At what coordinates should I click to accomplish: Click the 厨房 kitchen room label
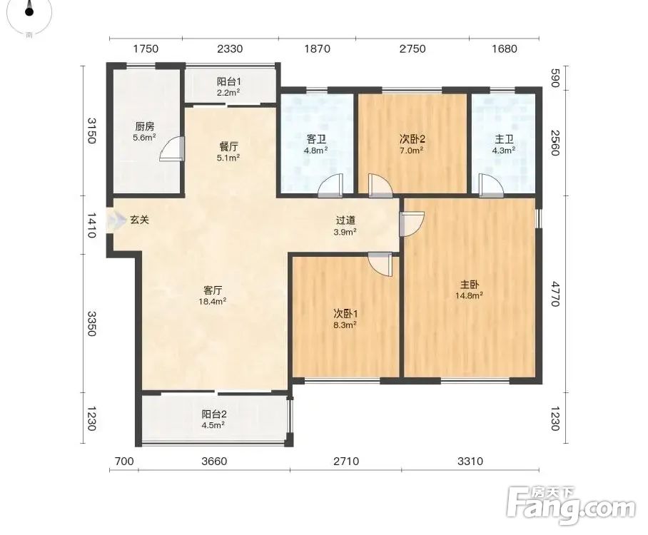(144, 126)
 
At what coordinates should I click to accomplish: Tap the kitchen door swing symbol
(172, 148)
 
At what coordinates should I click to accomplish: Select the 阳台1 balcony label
(229, 81)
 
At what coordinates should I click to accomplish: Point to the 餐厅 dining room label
(228, 147)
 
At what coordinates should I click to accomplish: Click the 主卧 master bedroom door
(412, 224)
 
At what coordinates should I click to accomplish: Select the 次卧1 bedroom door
(380, 265)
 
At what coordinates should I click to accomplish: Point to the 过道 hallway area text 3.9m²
(345, 232)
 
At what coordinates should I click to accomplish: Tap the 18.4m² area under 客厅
(213, 302)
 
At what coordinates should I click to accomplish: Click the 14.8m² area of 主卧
(470, 296)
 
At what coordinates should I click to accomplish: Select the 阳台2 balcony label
(213, 414)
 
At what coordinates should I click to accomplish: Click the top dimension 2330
(230, 49)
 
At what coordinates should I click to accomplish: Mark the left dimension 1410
(91, 225)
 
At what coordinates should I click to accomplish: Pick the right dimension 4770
(555, 294)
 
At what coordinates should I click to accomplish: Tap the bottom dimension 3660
(214, 461)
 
